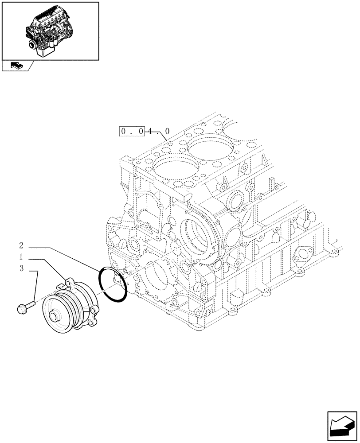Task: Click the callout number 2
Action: coord(21,245)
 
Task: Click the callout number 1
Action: coord(21,257)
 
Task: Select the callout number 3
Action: coord(21,268)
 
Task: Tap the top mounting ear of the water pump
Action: coord(68,281)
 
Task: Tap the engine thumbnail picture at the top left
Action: coord(50,30)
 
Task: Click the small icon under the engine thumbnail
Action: coord(16,66)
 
